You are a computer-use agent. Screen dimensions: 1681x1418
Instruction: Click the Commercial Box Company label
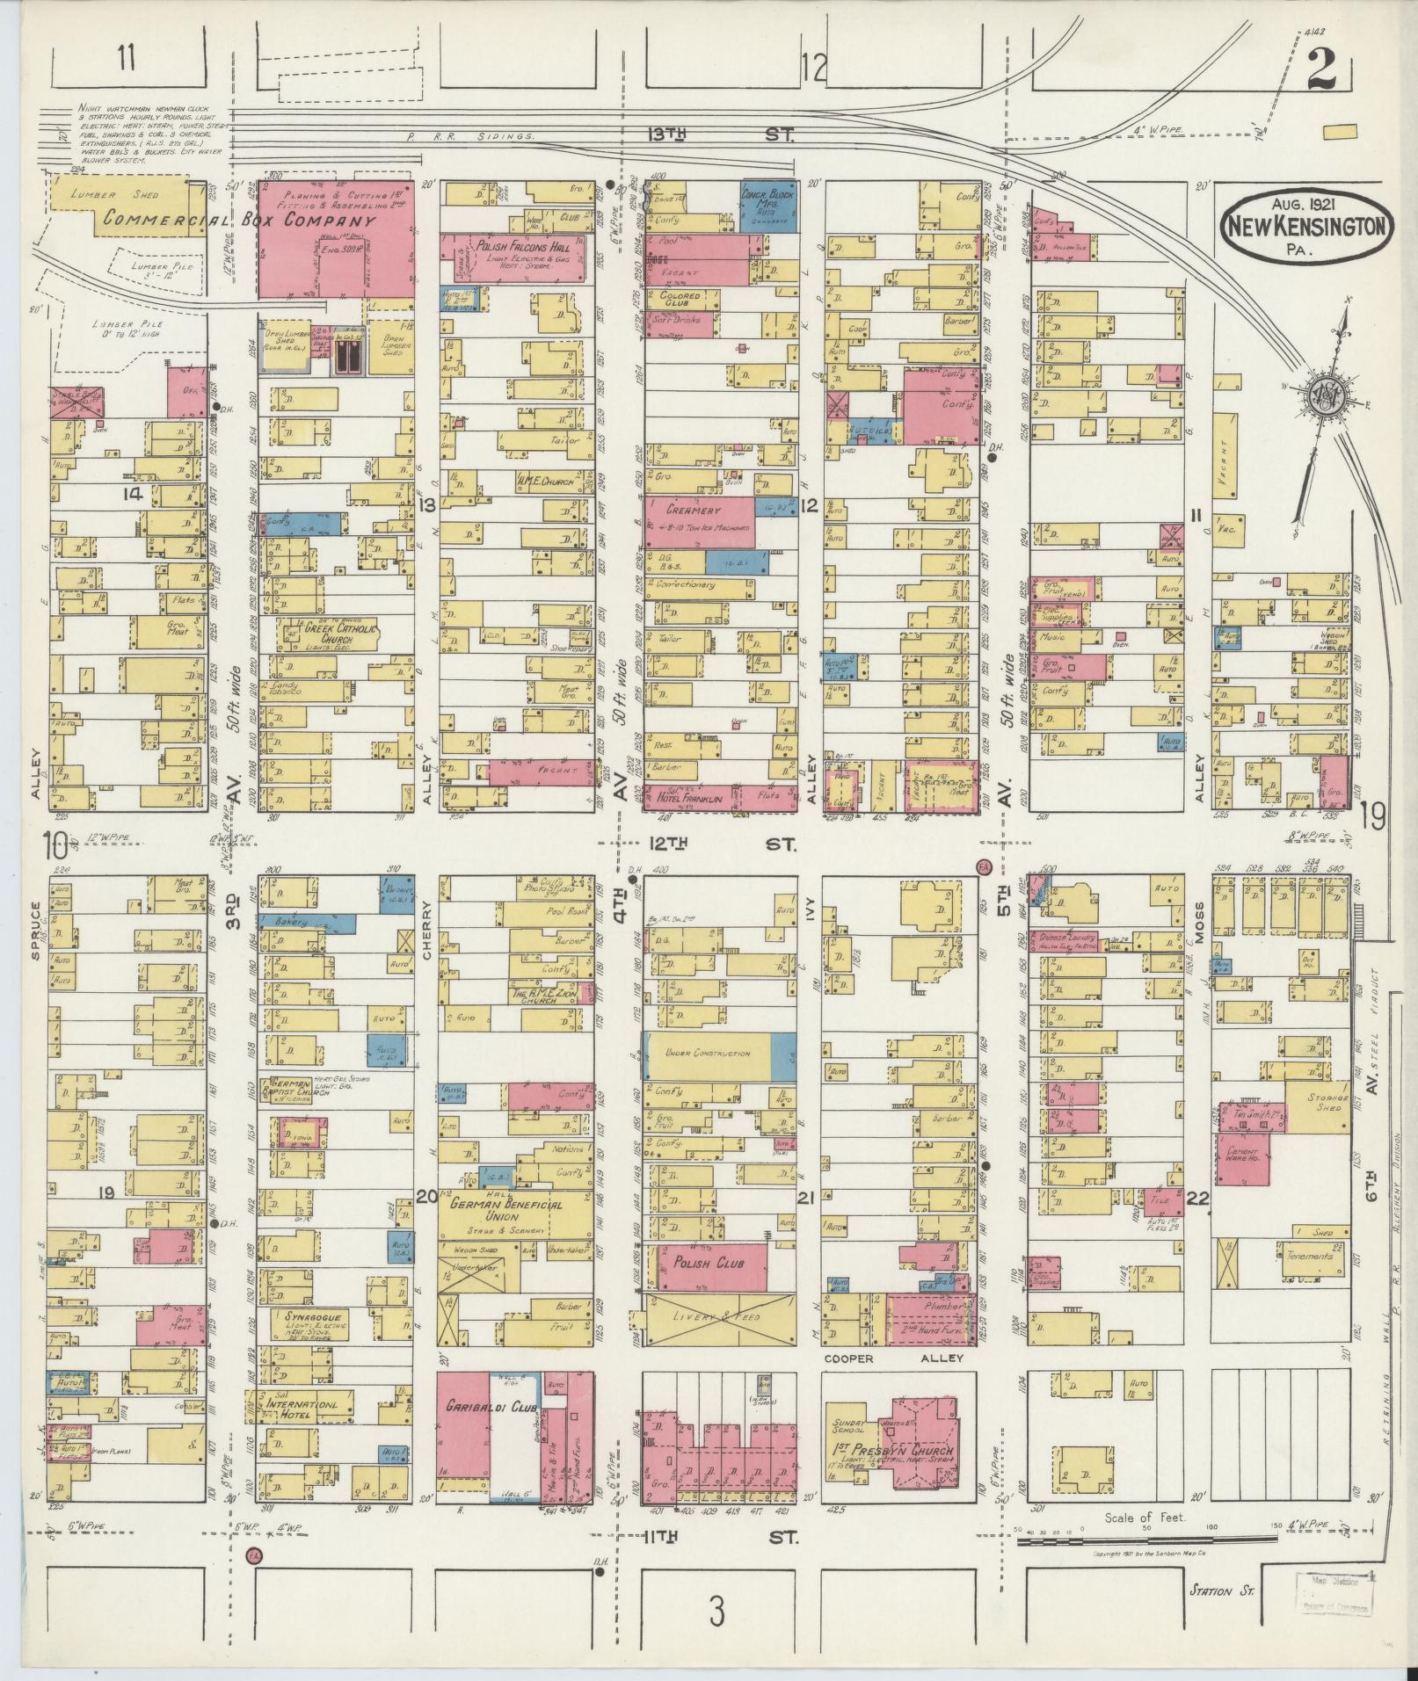(x=239, y=221)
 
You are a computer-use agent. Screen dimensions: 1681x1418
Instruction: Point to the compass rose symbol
(x=1324, y=394)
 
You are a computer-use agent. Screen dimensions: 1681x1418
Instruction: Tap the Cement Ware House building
(x=1249, y=1156)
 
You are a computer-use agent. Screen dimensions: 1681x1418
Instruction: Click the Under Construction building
(x=708, y=1053)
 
